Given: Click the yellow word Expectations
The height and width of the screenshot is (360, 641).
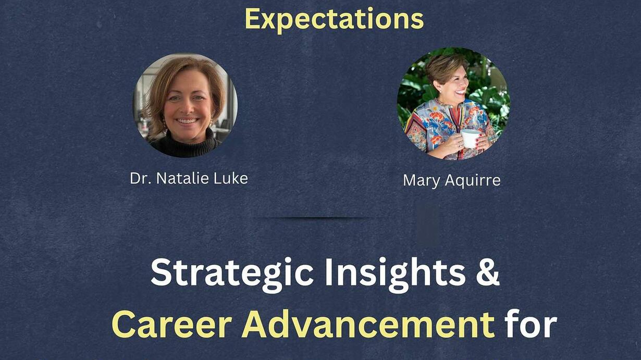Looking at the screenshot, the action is point(334,19).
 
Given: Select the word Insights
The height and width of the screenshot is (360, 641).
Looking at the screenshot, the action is point(395,274).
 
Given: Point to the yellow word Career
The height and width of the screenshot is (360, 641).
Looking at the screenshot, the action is point(171,325).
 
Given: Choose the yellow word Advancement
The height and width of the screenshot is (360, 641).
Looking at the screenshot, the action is point(368,324).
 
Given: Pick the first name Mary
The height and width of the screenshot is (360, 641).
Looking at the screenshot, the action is point(422,181).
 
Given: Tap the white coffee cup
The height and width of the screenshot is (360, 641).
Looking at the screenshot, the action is point(470,139).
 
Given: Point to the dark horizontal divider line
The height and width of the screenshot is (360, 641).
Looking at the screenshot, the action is point(318,218).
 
